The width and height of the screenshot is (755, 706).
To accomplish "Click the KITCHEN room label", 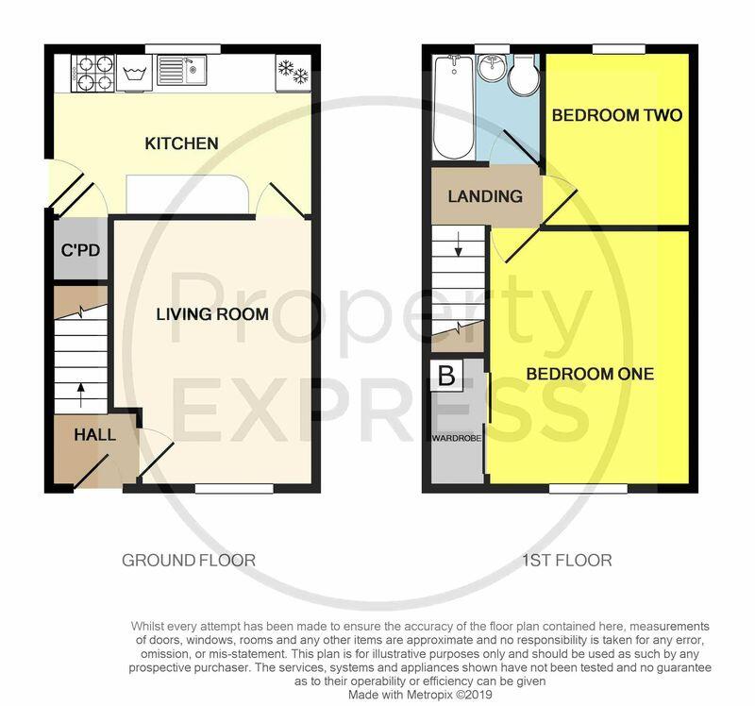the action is (x=181, y=143).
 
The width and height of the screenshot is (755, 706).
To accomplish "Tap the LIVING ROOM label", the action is (x=212, y=314).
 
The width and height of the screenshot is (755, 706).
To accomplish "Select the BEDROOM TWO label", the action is (x=617, y=115).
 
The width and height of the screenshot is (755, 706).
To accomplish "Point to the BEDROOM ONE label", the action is (x=590, y=374).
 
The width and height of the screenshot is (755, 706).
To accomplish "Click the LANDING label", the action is (x=485, y=196).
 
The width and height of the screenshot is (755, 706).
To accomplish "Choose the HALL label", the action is (x=95, y=434).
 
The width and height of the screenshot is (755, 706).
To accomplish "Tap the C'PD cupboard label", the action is (x=80, y=250).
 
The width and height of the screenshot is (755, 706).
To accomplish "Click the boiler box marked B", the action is (x=446, y=375).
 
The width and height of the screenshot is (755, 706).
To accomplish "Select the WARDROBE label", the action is (x=456, y=438).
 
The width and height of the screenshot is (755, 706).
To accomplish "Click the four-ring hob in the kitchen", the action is (x=92, y=73).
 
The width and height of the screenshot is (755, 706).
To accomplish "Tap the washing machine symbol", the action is (x=134, y=73).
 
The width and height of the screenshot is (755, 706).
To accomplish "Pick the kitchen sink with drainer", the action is (x=181, y=70).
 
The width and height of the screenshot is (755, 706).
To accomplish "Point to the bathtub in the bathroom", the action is (x=453, y=107).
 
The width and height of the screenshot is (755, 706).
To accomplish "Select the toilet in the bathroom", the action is (x=524, y=75).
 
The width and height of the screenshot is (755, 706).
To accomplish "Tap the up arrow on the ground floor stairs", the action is (x=80, y=395).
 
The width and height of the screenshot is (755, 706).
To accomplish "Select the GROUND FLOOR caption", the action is (x=188, y=560).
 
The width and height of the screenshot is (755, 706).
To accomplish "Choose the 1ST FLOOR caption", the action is (x=567, y=560).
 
